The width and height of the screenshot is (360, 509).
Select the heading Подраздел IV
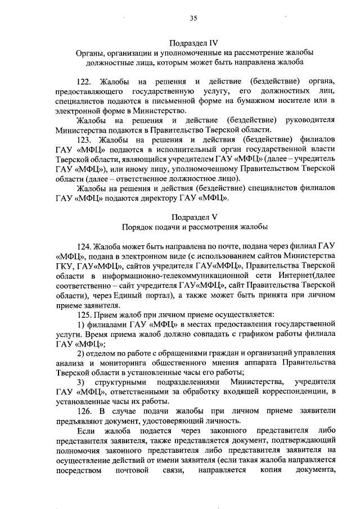[194, 42]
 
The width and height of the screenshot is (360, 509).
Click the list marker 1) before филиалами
[81, 326]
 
